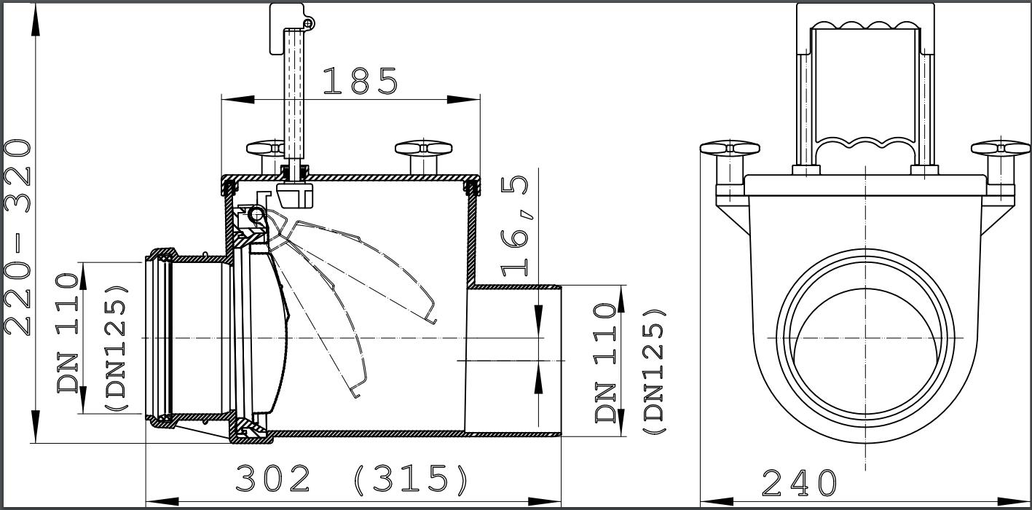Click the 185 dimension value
click(x=360, y=82)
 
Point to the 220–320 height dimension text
click(x=17, y=237)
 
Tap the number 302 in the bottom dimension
click(x=273, y=479)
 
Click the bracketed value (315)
click(x=411, y=479)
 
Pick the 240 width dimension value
click(x=799, y=482)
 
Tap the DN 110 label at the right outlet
click(x=607, y=362)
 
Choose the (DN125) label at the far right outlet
click(x=653, y=372)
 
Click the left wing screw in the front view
click(x=730, y=149)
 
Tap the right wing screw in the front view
click(x=1000, y=149)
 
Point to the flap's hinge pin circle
click(x=256, y=214)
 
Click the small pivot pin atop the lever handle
click(x=309, y=25)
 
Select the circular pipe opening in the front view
click(x=865, y=338)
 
